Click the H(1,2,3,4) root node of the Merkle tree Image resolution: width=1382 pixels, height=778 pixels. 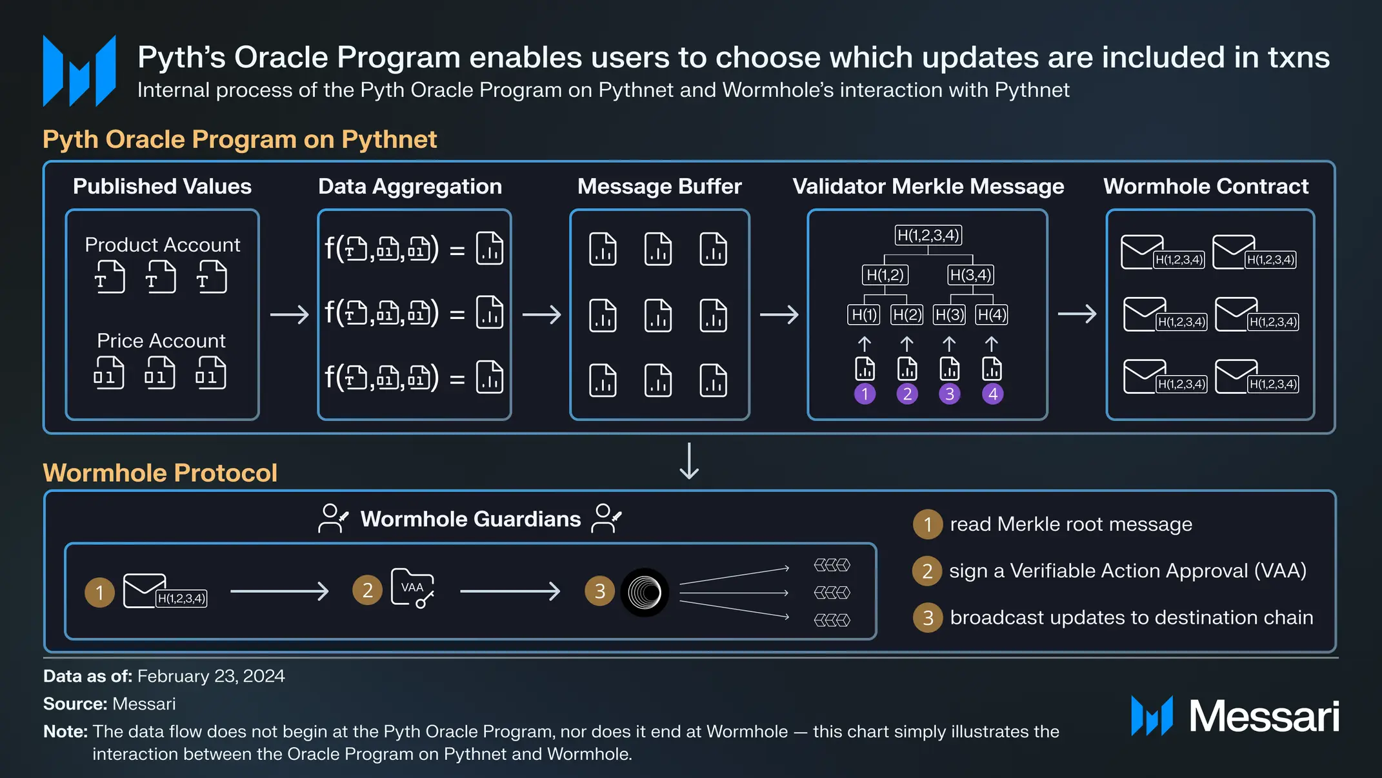(x=928, y=235)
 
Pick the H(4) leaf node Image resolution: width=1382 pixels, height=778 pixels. (x=992, y=314)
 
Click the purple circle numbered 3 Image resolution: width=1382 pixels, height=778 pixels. (x=949, y=394)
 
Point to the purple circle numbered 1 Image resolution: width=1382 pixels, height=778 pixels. (x=865, y=394)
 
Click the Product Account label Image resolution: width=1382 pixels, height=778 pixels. (x=162, y=245)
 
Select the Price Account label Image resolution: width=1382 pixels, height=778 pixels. (x=161, y=340)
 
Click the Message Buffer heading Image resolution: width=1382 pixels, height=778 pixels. (x=659, y=187)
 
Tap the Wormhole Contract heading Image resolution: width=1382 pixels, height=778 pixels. (x=1205, y=187)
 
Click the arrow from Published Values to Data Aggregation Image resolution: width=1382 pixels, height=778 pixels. (x=289, y=314)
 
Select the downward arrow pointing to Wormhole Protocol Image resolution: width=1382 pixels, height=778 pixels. (x=689, y=461)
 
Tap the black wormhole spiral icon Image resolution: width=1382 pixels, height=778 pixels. (x=644, y=592)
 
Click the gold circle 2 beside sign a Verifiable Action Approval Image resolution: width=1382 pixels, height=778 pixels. (x=927, y=571)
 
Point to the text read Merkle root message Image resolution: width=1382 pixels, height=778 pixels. (x=1070, y=524)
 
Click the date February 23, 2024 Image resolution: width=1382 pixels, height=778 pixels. (x=211, y=676)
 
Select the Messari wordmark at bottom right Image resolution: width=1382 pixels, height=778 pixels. (x=1263, y=716)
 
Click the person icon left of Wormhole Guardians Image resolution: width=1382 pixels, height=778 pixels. (x=333, y=518)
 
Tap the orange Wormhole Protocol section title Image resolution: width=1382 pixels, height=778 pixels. (x=160, y=473)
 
